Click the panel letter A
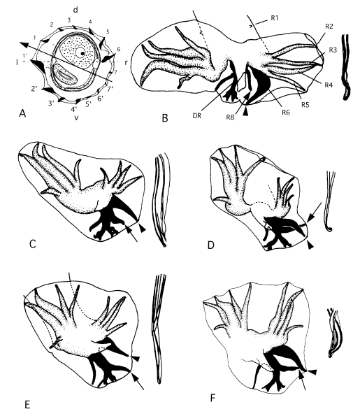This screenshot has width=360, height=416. tap(22, 113)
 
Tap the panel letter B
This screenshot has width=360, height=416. tap(165, 117)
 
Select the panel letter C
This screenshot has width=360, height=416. tap(32, 243)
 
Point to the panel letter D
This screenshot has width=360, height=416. tap(210, 245)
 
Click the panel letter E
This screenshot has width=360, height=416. tap(27, 405)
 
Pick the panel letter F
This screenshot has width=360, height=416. tap(213, 399)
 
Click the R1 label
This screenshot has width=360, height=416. tap(274, 18)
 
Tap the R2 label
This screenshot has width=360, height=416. tap(329, 27)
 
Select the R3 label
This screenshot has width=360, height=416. tap(333, 50)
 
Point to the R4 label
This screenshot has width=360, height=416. tap(329, 85)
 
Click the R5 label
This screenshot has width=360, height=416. tap(305, 105)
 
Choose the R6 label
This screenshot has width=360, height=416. tap(286, 113)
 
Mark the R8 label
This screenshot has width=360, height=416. tap(230, 117)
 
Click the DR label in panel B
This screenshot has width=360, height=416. tap(197, 115)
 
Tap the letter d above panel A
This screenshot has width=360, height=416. tap(75, 10)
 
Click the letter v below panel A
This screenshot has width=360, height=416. tap(76, 117)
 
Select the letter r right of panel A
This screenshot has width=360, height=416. tap(126, 63)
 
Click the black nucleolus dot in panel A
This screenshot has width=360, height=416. tap(82, 54)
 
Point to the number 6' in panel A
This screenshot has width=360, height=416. tap(100, 98)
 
